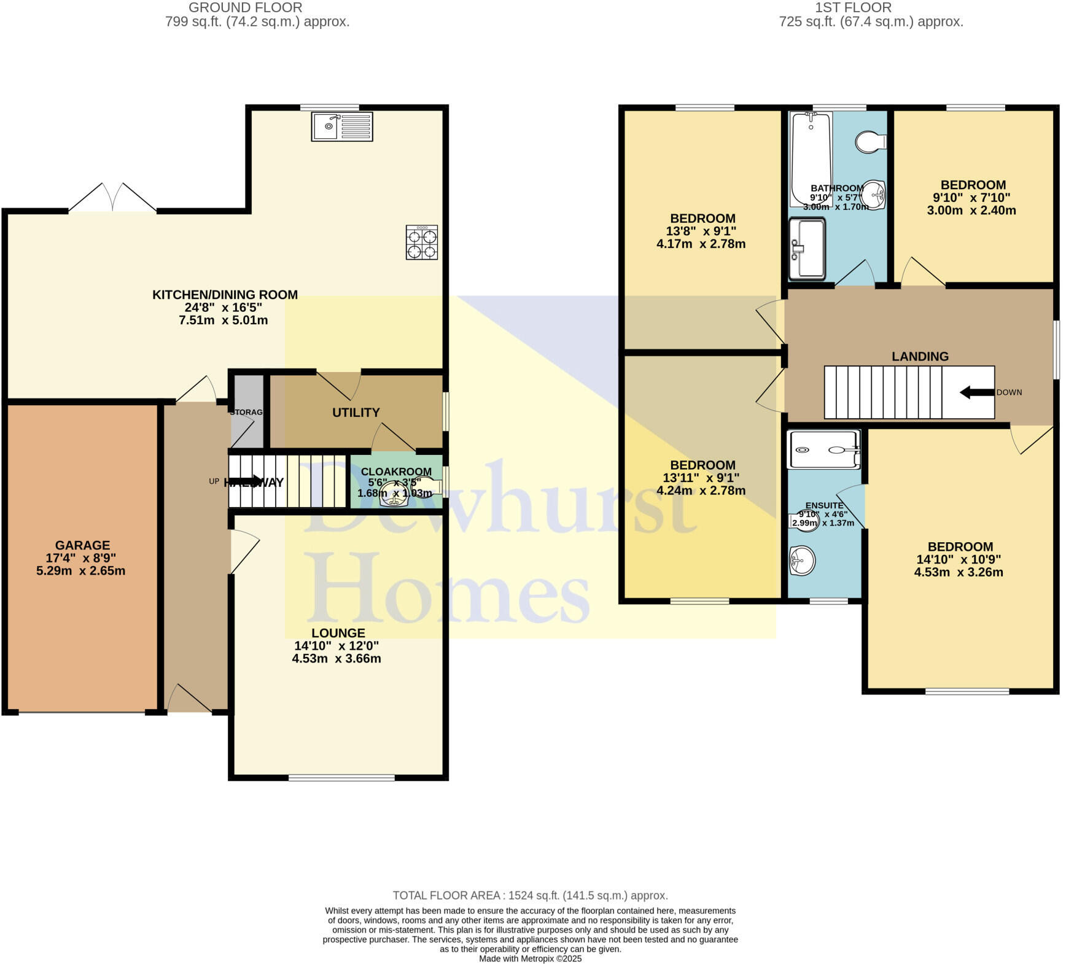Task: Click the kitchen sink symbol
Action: [x=341, y=126]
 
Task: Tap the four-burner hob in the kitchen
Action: [x=422, y=243]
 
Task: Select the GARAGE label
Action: [x=82, y=545]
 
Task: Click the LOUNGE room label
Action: [x=338, y=633]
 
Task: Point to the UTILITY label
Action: [x=356, y=413]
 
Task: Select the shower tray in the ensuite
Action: [x=823, y=449]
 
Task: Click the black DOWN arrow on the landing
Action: [x=976, y=392]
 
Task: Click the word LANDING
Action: [x=920, y=357]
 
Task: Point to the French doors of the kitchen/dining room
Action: [x=112, y=198]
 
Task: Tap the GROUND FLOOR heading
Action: [x=245, y=8]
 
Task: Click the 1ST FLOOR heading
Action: [x=853, y=8]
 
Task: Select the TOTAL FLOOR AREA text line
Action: [x=530, y=895]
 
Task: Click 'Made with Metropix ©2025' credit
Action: [x=530, y=958]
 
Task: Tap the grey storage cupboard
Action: [x=247, y=411]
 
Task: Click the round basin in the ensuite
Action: [x=802, y=560]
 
